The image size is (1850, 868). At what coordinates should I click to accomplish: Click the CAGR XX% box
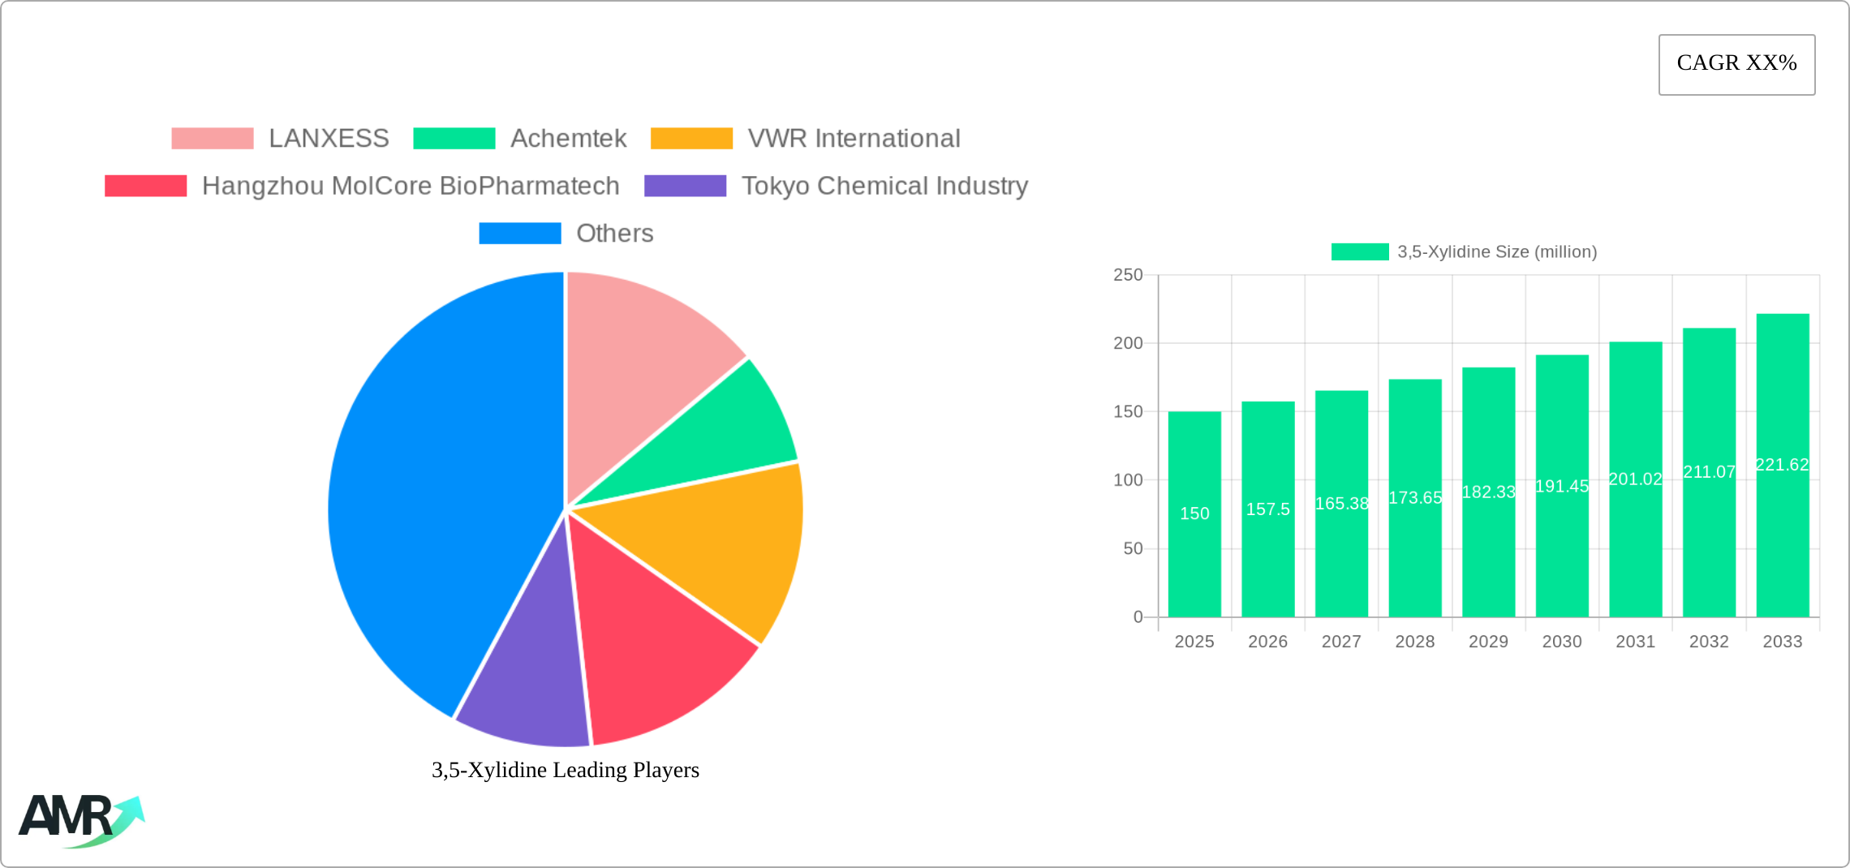[x=1736, y=64]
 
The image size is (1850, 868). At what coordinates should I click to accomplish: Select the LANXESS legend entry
[x=329, y=139]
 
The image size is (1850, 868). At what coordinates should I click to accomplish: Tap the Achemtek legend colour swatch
[x=454, y=139]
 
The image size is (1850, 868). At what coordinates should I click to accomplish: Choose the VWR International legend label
[x=854, y=139]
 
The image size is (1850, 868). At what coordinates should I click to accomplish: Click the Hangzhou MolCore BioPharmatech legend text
[x=411, y=186]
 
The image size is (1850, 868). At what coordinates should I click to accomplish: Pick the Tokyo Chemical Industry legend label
[x=884, y=186]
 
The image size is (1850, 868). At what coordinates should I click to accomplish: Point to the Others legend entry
[x=614, y=234]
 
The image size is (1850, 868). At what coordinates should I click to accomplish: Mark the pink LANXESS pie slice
[x=641, y=357]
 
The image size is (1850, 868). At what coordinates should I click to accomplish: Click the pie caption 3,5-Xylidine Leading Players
[x=565, y=770]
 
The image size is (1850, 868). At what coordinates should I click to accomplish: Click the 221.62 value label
[x=1782, y=465]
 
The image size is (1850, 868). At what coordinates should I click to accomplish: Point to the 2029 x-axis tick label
[x=1488, y=642]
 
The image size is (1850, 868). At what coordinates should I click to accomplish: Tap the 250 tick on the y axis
[x=1128, y=275]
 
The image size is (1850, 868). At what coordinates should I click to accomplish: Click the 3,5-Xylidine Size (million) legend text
[x=1496, y=252]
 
